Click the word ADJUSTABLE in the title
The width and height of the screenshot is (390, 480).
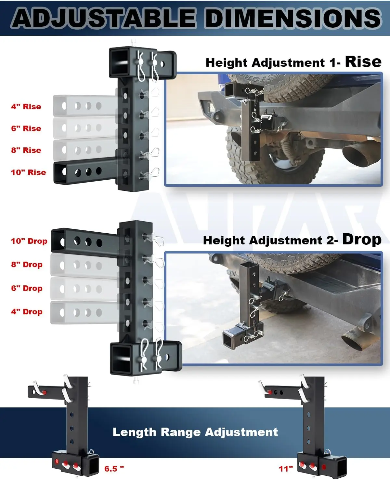[104, 18]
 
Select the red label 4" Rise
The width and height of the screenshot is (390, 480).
[26, 106]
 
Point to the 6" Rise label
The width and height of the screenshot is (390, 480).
[26, 128]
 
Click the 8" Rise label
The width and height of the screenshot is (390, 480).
[26, 150]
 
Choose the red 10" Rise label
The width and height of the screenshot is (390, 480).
[29, 172]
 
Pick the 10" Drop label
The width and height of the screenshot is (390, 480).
[29, 241]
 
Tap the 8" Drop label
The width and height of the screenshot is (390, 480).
[27, 264]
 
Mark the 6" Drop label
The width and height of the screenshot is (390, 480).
[27, 288]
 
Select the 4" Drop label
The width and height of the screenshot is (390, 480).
[27, 311]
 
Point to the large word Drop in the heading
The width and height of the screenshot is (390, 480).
[362, 240]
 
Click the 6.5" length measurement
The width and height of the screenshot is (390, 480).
[114, 469]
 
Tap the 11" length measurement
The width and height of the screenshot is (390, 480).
[286, 469]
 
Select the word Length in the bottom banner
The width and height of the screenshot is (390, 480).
[134, 432]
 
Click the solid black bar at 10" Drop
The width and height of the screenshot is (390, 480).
[84, 242]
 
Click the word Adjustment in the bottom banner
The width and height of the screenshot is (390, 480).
[241, 432]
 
